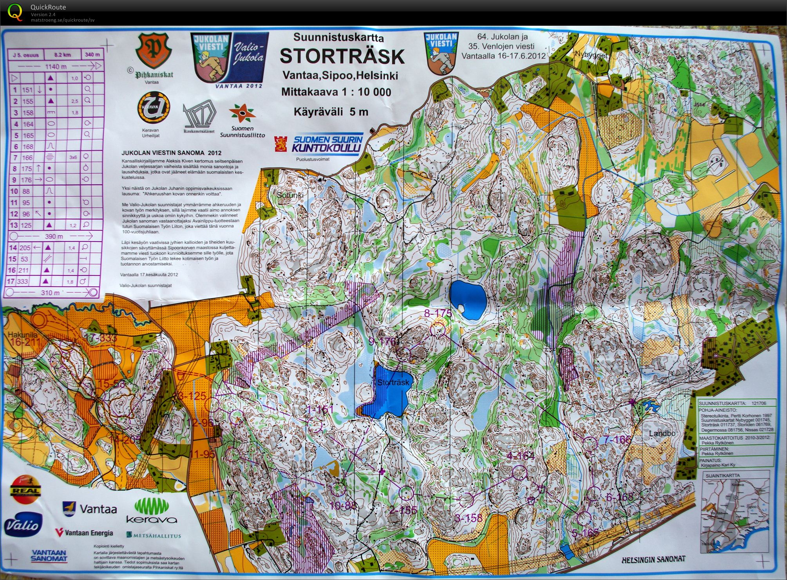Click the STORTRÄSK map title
(x=342, y=56)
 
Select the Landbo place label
(x=662, y=433)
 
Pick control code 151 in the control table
(x=27, y=90)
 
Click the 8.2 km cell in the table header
(x=62, y=55)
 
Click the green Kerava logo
(x=151, y=511)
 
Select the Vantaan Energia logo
(x=84, y=533)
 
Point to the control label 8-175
(x=438, y=313)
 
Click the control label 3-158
(x=469, y=518)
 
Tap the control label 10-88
(x=343, y=505)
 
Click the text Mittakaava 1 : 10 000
(x=336, y=92)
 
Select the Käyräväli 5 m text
(x=331, y=112)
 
